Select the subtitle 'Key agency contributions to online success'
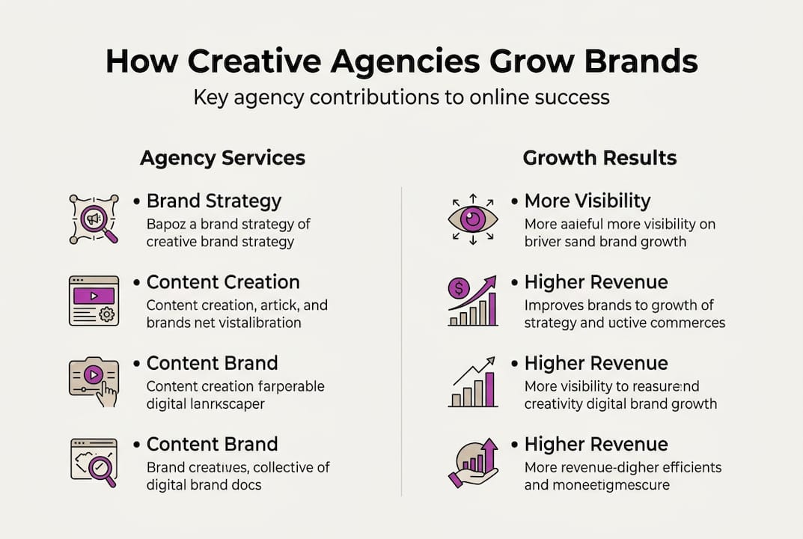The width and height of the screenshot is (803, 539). tap(401, 97)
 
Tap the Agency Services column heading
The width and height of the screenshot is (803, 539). tap(222, 158)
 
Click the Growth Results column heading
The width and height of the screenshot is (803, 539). tap(599, 158)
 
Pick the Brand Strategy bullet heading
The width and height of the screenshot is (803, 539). tap(213, 201)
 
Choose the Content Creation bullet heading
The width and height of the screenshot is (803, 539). tap(222, 282)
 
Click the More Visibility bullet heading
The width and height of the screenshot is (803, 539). tap(587, 201)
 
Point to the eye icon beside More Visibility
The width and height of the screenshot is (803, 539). tap(472, 219)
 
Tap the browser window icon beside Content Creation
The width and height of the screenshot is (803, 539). tap(94, 300)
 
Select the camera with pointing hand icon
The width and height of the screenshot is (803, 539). tap(94, 381)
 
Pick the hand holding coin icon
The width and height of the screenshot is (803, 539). tap(472, 463)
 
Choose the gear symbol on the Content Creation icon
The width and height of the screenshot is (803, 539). tap(108, 314)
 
